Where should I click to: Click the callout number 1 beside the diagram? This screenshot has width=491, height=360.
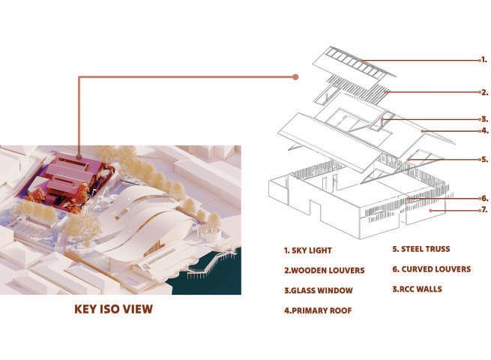click(x=484, y=59)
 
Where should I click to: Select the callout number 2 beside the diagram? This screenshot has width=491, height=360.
click(x=484, y=93)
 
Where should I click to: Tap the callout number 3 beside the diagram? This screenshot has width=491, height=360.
click(x=484, y=118)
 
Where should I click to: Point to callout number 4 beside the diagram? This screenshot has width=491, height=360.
click(x=484, y=130)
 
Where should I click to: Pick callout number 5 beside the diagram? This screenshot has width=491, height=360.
click(x=484, y=159)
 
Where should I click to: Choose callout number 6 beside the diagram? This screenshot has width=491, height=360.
click(x=484, y=199)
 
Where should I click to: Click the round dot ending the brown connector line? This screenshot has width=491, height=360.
click(x=296, y=76)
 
